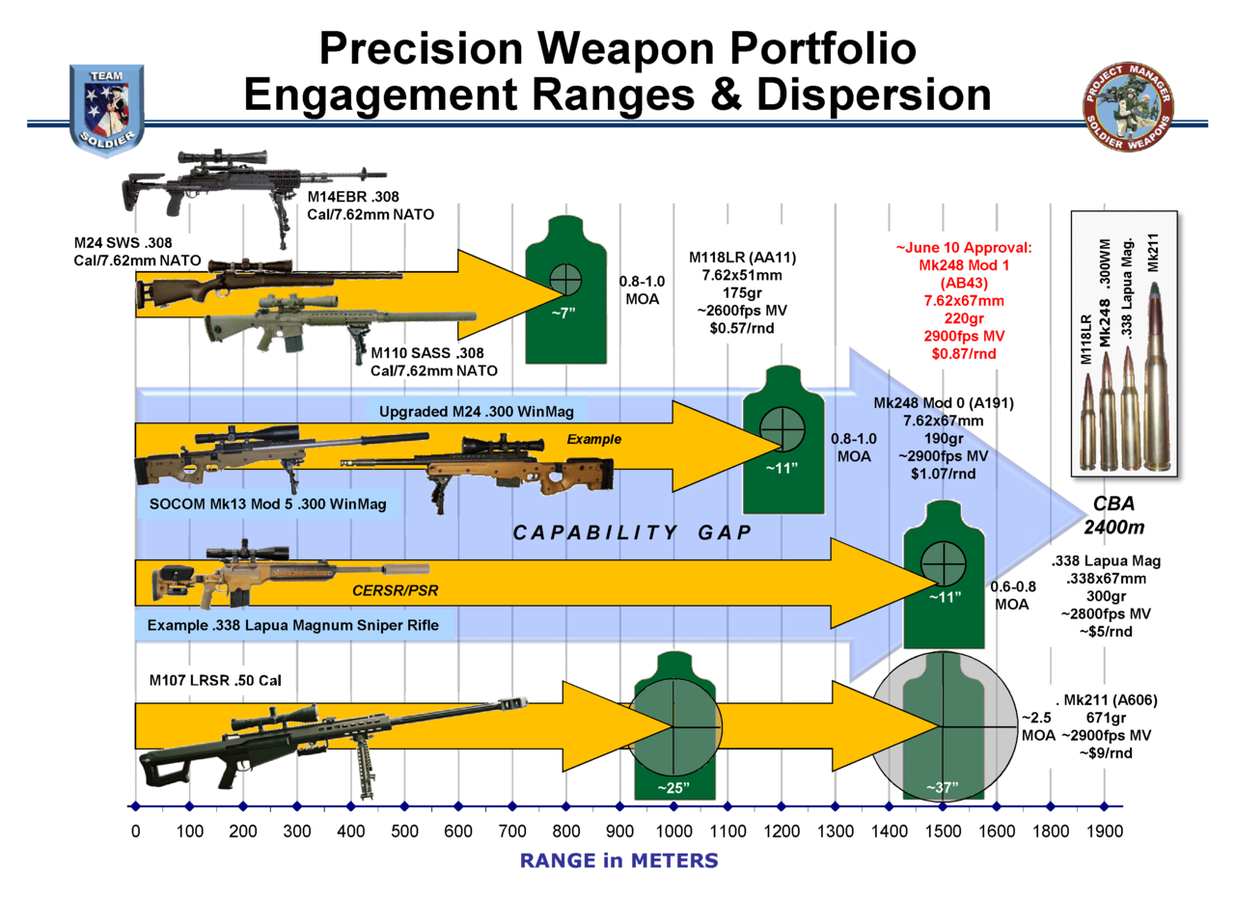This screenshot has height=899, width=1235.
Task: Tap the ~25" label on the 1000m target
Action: [x=672, y=788]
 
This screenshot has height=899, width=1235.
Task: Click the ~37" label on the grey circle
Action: [x=942, y=788]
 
